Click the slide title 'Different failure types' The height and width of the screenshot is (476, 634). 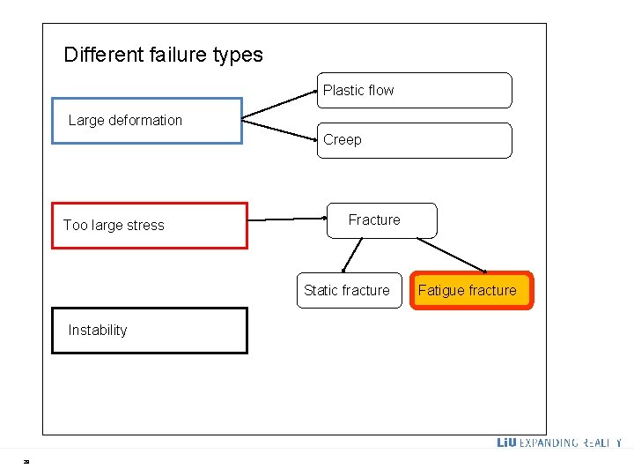(x=163, y=55)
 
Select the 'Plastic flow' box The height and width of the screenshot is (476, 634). (x=414, y=90)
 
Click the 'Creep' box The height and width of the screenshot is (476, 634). (x=414, y=140)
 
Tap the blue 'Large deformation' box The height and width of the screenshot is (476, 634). (x=147, y=121)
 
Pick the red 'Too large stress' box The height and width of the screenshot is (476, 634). (x=149, y=226)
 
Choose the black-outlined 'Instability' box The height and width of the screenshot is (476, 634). (x=149, y=331)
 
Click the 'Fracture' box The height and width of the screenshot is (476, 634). (x=381, y=220)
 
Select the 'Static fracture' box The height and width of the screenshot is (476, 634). (x=349, y=291)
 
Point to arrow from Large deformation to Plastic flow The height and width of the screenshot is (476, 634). (x=279, y=102)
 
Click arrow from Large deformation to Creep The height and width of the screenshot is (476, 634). (x=279, y=127)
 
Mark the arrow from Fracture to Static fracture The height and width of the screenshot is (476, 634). (x=352, y=256)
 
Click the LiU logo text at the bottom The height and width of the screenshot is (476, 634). (x=506, y=443)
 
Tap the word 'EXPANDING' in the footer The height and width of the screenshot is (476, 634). (x=549, y=443)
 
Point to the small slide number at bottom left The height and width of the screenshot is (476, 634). (x=26, y=461)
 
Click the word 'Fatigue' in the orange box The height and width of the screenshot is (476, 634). (x=441, y=291)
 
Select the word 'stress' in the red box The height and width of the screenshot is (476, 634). (x=144, y=226)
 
